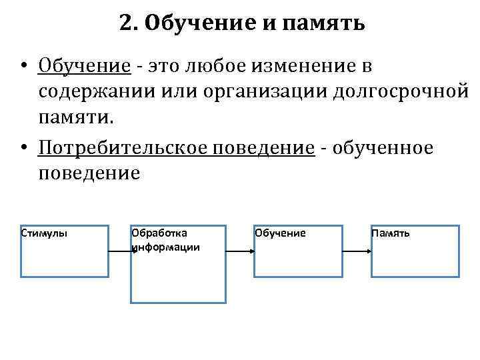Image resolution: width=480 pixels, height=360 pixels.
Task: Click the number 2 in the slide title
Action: [126, 24]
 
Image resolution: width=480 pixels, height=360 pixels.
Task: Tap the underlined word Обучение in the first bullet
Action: [83, 66]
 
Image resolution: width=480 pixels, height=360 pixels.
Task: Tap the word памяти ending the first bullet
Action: [74, 119]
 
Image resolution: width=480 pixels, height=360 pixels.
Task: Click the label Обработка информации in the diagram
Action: [165, 240]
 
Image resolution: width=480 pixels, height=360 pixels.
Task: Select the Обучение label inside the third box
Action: [280, 233]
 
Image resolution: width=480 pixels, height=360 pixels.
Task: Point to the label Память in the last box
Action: [391, 233]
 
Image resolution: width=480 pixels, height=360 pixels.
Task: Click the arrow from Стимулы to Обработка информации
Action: [119, 251]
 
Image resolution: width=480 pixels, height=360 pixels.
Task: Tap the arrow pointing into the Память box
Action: [357, 251]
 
